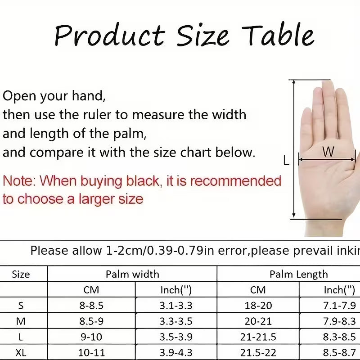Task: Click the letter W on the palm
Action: point(328,152)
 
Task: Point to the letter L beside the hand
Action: point(286,160)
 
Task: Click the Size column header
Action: point(21,274)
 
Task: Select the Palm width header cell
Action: point(132,274)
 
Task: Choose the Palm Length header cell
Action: point(299,274)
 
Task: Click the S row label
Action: point(21,306)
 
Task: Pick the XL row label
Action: point(21,352)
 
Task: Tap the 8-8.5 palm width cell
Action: point(91,306)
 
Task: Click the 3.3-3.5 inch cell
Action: point(176,321)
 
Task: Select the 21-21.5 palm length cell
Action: point(258,337)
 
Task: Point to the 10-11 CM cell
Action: point(91,352)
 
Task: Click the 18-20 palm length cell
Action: point(258,306)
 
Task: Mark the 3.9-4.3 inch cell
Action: point(176,352)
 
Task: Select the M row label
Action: point(21,321)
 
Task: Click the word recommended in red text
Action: point(235,181)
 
